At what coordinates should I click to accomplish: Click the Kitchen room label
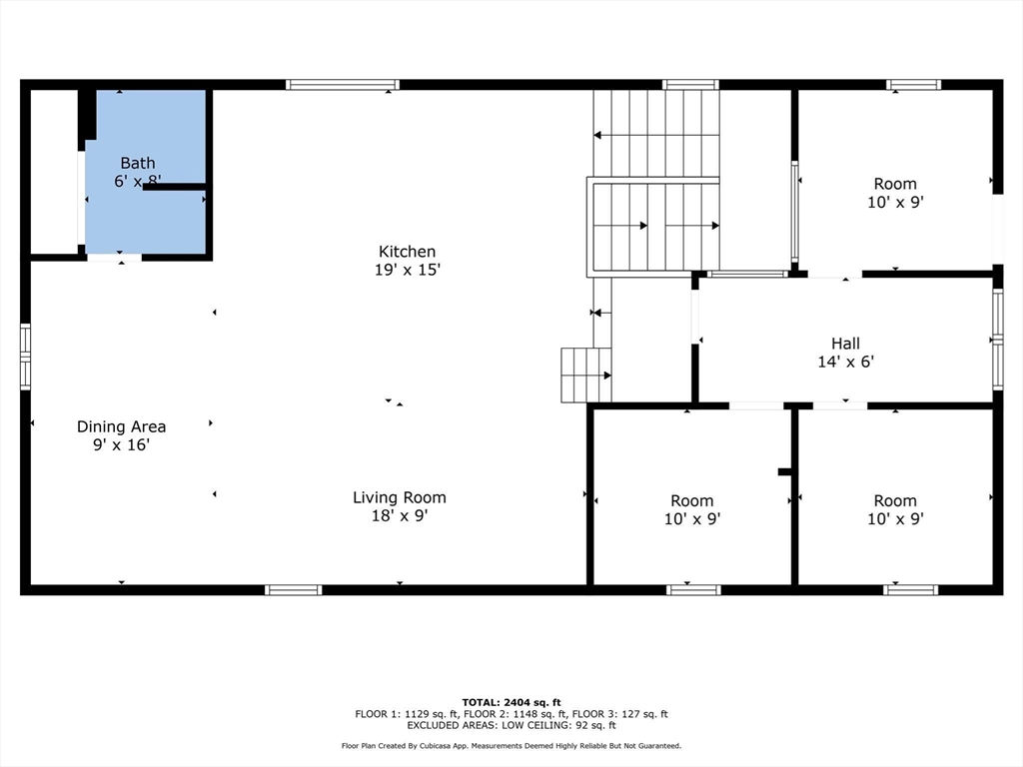[408, 251]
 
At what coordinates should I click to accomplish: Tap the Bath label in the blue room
[138, 163]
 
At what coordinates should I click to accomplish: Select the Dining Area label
[121, 426]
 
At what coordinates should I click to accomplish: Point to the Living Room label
[400, 497]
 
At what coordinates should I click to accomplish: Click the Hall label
[845, 344]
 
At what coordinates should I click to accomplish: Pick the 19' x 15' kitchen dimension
[408, 270]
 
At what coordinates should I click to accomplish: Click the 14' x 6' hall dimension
[845, 362]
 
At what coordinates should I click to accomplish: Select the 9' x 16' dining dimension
[121, 444]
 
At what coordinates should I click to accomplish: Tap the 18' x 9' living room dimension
[400, 516]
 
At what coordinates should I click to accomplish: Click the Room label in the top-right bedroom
[895, 184]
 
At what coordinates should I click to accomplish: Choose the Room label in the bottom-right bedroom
[895, 501]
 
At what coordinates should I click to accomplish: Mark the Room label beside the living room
[692, 501]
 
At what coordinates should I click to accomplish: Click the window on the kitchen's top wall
[343, 84]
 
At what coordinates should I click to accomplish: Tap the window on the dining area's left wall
[25, 357]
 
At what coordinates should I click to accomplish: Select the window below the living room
[294, 590]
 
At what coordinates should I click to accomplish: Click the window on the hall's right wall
[998, 340]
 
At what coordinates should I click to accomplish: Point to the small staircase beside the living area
[586, 376]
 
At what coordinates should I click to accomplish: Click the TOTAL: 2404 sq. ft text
[511, 702]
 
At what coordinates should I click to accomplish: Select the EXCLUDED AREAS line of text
[511, 725]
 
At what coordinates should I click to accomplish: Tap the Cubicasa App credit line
[511, 745]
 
